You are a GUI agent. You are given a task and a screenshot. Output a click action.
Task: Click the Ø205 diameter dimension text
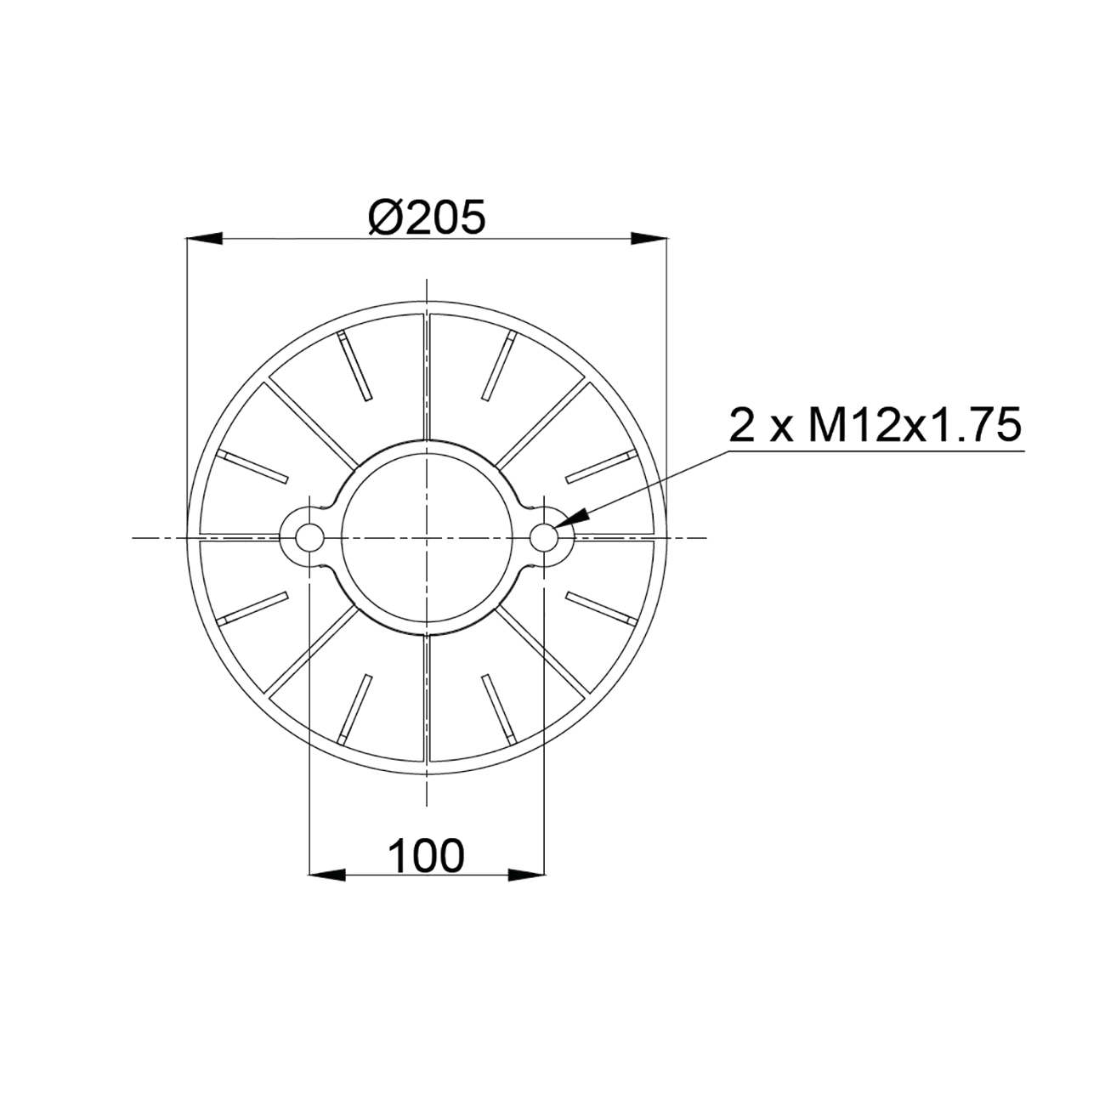point(427,218)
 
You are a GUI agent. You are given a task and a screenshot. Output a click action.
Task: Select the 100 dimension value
point(426,856)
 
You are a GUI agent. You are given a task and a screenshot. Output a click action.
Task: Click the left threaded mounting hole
point(309,537)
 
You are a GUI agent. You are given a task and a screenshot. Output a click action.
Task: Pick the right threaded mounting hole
point(544,537)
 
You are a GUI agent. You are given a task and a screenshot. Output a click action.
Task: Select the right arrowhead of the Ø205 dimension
point(649,239)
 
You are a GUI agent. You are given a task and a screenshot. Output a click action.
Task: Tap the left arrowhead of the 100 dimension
point(327,875)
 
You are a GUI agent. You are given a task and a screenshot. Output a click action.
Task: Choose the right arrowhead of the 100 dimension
point(526,875)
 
